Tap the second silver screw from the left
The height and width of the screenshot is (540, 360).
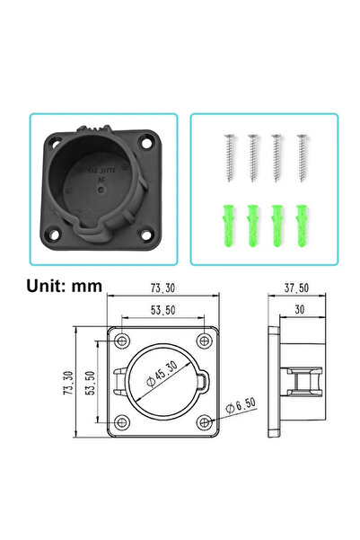point(253,158)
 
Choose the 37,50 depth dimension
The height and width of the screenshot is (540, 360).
point(298,289)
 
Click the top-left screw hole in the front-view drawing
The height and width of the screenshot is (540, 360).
point(120,341)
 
